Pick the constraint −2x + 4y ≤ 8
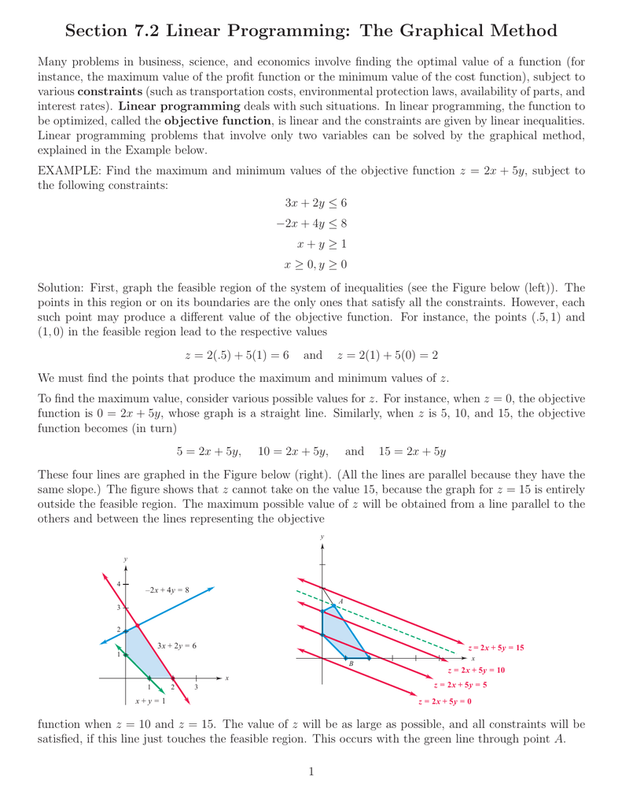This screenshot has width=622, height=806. coord(311,224)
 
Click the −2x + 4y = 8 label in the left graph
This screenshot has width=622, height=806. coord(167,590)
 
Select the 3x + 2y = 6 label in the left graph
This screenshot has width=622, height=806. coord(176,645)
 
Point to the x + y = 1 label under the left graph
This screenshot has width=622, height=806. coord(149,701)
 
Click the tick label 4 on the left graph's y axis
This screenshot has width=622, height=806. coord(118,584)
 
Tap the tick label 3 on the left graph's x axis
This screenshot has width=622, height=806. coord(196,687)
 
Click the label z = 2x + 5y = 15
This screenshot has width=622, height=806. coord(495,647)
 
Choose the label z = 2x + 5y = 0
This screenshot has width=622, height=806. coord(444,701)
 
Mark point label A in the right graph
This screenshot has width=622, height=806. coord(340,601)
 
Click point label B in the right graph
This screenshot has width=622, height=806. coord(351,664)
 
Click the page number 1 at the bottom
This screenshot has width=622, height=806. coord(311,771)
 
